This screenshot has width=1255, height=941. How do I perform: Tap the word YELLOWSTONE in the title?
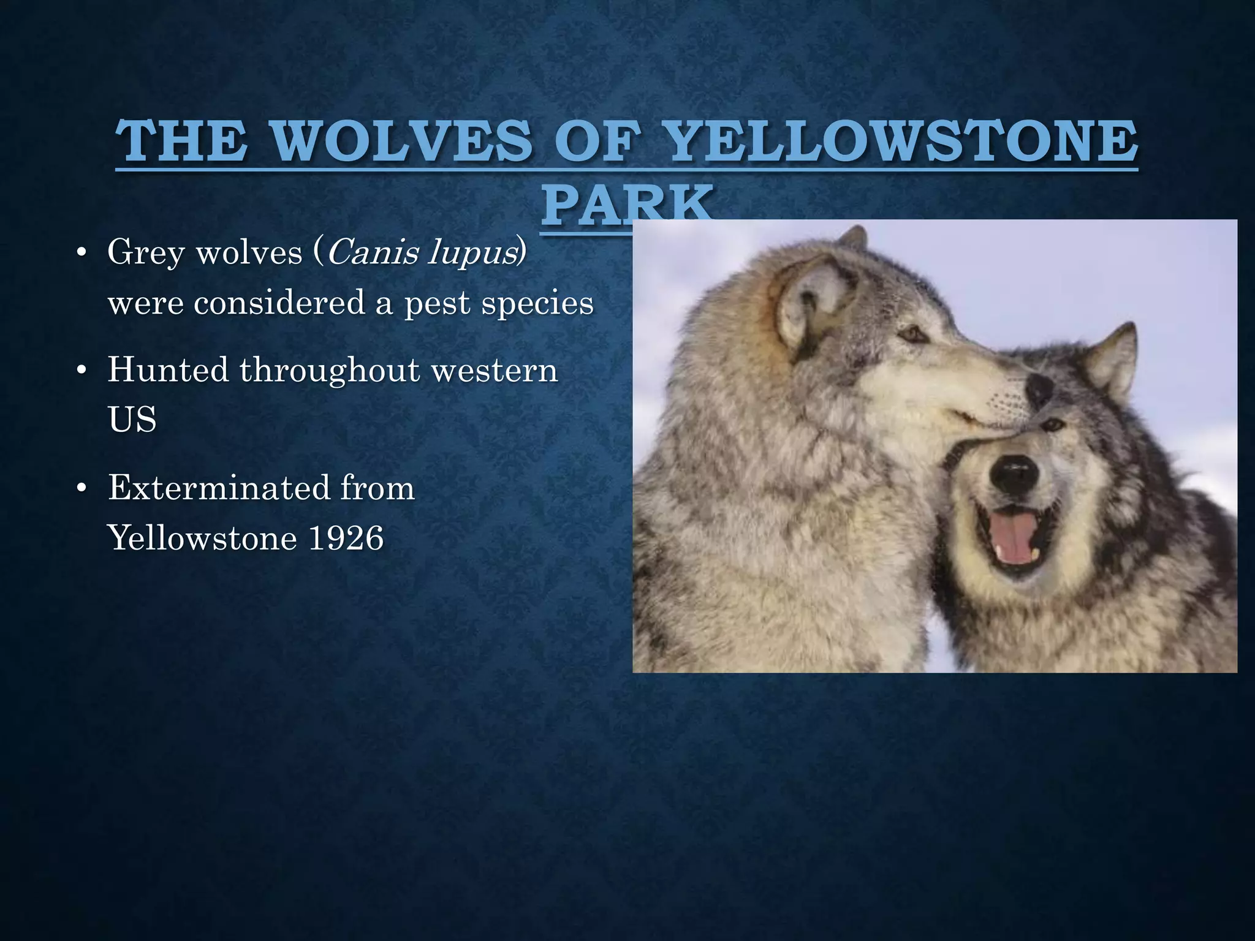tap(901, 141)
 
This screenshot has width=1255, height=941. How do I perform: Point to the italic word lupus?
tap(471, 253)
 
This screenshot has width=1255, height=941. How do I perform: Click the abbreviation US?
tap(132, 420)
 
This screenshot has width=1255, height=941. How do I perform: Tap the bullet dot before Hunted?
tap(81, 371)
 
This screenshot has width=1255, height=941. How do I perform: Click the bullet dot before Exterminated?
tap(81, 489)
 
